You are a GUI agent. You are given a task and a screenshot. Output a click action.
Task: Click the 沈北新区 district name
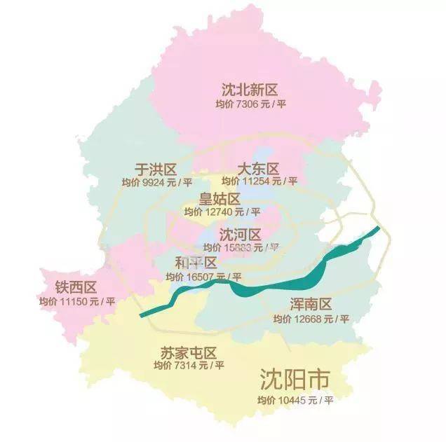tap(250, 89)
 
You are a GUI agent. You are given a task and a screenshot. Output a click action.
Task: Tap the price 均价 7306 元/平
tap(251, 104)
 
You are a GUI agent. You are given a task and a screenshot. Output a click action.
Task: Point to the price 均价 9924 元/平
tap(156, 182)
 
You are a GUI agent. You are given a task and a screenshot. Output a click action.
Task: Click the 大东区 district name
tap(258, 169)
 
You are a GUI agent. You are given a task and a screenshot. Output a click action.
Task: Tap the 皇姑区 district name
tap(219, 199)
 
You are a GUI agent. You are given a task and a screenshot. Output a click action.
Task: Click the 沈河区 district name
tap(240, 234)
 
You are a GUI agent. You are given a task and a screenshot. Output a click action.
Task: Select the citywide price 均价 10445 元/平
tap(295, 400)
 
